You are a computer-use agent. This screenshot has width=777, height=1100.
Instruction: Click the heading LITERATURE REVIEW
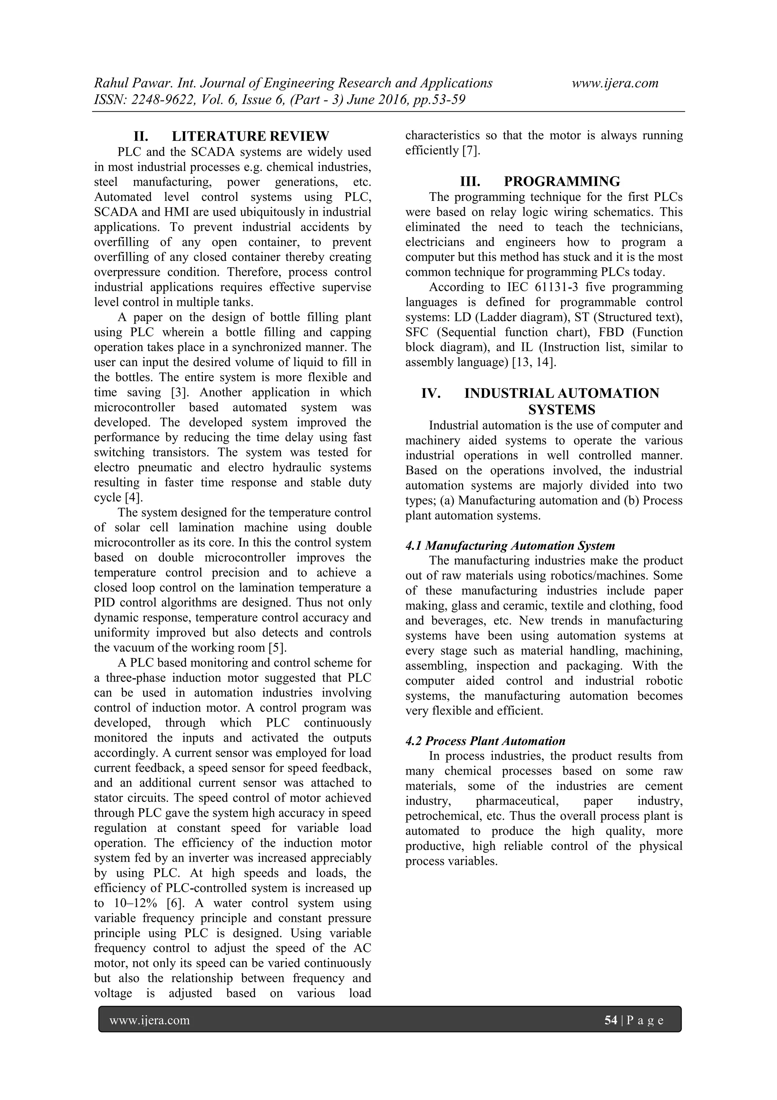[250, 137]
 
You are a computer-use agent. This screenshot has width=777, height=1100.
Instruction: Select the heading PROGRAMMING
[562, 181]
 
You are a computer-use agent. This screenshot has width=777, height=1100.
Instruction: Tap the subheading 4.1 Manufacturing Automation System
[510, 546]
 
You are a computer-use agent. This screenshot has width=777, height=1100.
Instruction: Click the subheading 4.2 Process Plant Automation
[485, 741]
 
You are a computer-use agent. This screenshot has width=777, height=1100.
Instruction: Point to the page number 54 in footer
[611, 1021]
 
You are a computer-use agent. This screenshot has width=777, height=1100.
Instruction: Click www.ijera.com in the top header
[615, 84]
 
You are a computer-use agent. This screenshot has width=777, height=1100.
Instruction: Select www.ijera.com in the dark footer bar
[150, 1021]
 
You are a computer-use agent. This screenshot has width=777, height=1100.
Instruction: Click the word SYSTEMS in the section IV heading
[562, 410]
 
